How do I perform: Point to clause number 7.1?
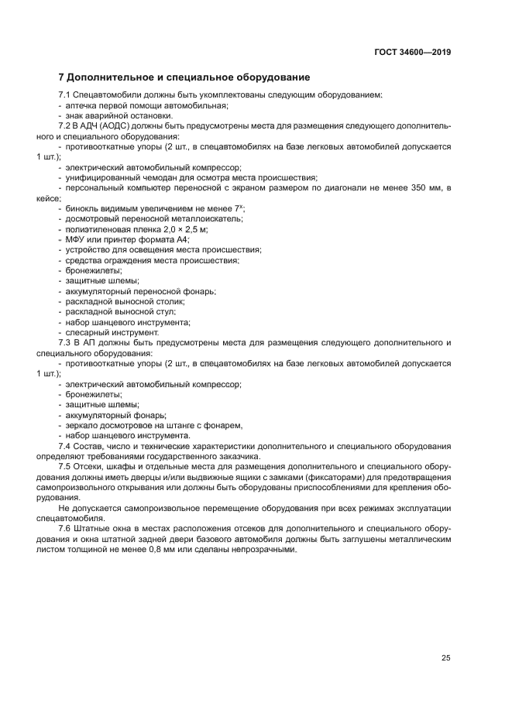[65, 94]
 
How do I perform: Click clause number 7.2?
[65, 125]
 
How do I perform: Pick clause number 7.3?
[65, 342]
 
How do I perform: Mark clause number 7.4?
[65, 446]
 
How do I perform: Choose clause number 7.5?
[65, 468]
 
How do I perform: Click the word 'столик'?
[170, 301]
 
